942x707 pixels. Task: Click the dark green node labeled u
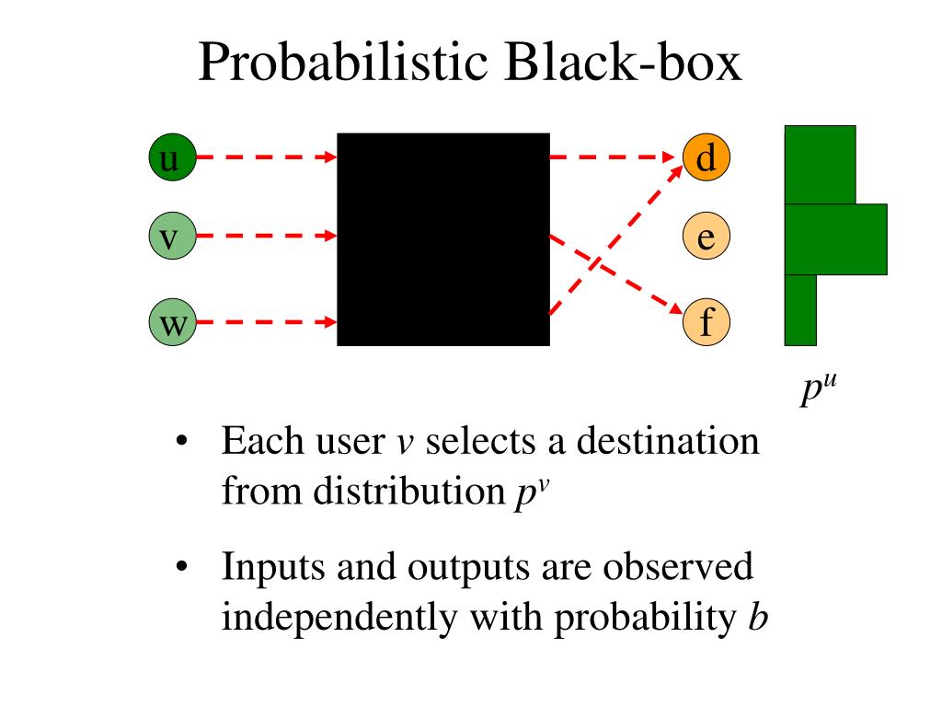[172, 156]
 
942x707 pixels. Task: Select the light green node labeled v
[172, 236]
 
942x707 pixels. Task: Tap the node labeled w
[172, 322]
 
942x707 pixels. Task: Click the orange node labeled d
[706, 156]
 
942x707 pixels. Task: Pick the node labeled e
[706, 236]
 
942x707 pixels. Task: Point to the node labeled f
[706, 322]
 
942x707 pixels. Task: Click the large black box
[443, 239]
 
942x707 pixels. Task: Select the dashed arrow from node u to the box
[267, 156]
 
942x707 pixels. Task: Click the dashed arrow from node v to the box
[267, 236]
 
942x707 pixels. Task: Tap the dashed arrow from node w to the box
[267, 322]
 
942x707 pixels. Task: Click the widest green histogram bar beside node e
[835, 239]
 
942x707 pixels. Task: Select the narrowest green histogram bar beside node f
[800, 310]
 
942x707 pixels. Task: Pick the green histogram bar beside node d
[820, 165]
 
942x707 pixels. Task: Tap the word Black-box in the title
[623, 62]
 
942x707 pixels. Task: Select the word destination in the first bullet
[668, 441]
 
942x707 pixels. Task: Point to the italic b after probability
[758, 616]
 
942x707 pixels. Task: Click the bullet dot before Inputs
[181, 566]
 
